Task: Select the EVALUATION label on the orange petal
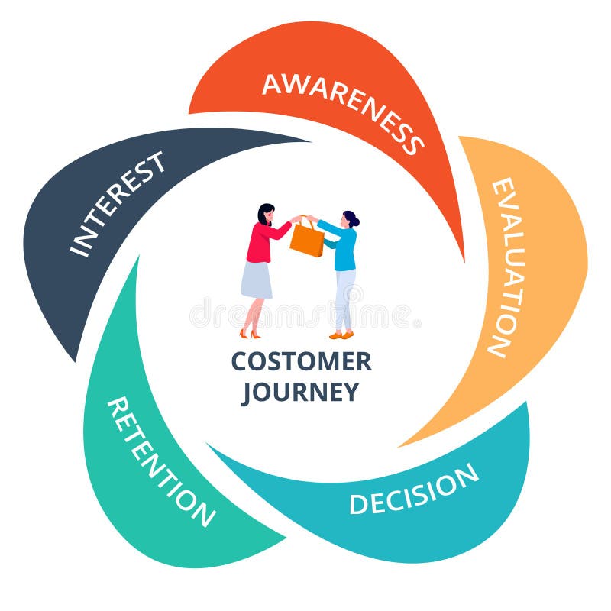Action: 507,267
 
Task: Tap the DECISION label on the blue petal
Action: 414,490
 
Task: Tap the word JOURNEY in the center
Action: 300,392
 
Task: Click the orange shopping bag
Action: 307,240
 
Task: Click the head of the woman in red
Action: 265,214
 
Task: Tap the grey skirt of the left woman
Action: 257,280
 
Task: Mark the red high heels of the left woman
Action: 250,334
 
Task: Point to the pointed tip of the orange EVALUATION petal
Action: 401,445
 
